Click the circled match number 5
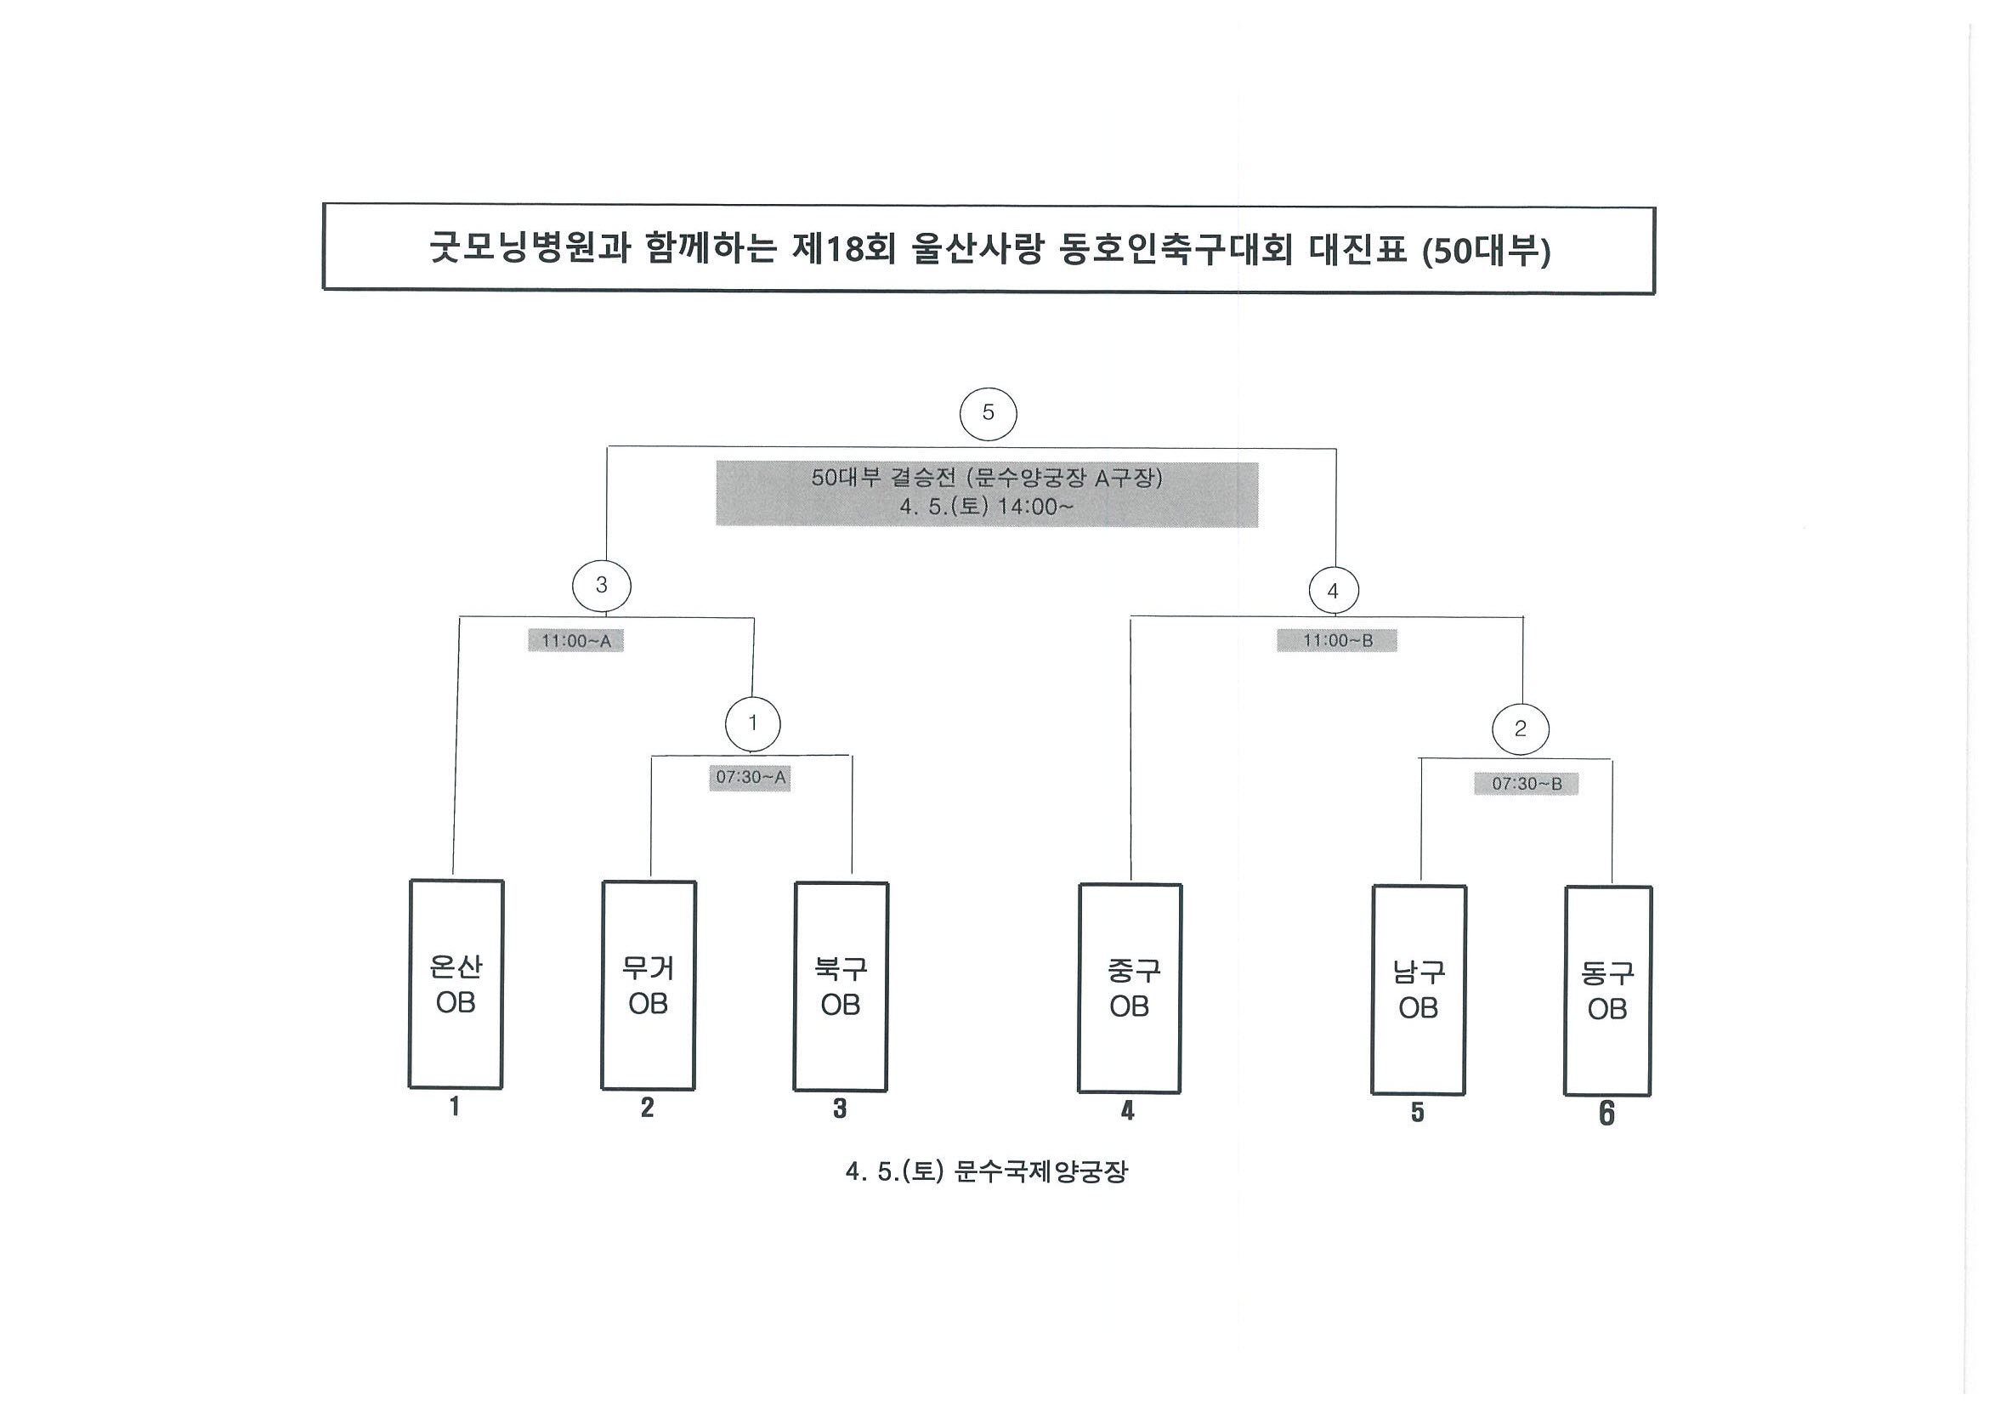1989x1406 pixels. (988, 413)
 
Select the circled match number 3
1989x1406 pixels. (601, 586)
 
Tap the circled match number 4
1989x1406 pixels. (1333, 591)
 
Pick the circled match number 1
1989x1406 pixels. (752, 723)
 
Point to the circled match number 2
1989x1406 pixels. (1521, 729)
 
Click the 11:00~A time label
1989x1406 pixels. (576, 641)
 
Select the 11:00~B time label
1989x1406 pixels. (1337, 640)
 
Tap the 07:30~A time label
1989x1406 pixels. (751, 777)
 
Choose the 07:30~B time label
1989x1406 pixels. (1526, 783)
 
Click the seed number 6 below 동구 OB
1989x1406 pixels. (1607, 1114)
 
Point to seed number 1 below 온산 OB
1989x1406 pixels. (455, 1106)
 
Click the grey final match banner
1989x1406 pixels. (987, 494)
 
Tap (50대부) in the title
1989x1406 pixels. (1487, 252)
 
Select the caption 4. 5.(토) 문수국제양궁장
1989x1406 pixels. (987, 1172)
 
